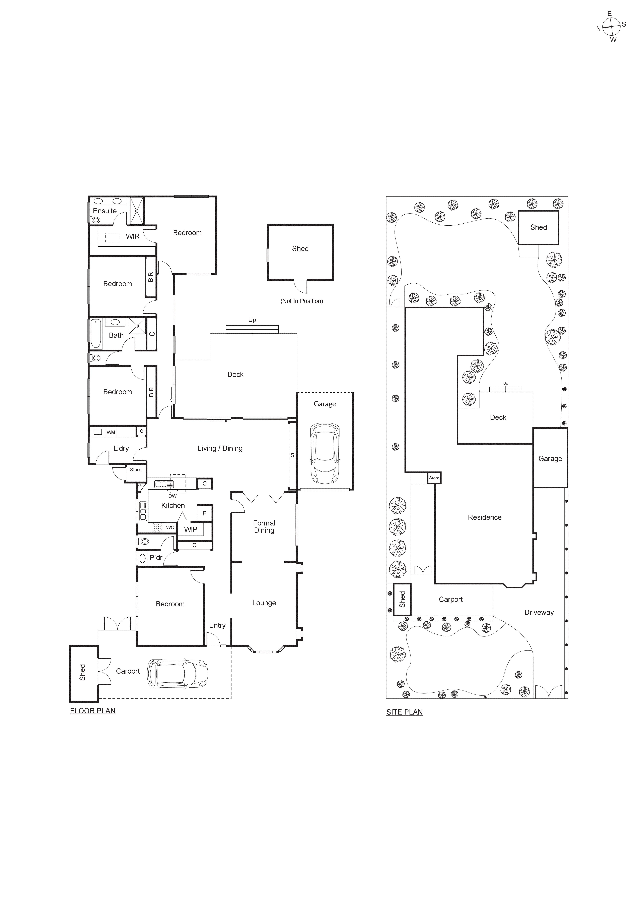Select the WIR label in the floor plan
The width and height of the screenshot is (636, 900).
(132, 236)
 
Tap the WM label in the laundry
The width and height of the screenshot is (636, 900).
(111, 432)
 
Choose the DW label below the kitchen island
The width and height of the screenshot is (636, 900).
(172, 496)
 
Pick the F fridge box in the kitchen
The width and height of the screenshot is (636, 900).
(204, 513)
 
